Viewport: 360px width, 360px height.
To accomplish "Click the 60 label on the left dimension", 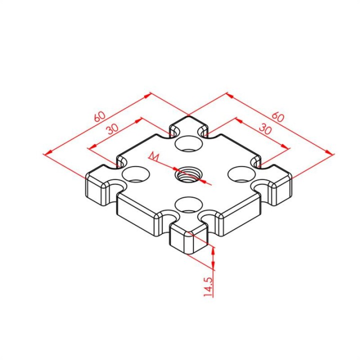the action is coord(100,116).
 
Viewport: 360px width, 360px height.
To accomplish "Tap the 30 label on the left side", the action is coord(113,129).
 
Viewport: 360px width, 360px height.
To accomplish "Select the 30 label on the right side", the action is coord(265,129).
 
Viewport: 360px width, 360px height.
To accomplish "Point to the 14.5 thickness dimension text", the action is coord(208,287).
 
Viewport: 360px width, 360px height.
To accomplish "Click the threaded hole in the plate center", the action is coord(188,176).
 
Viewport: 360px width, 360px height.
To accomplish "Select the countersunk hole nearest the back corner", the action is coord(188,143).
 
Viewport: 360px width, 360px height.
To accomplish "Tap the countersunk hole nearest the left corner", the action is coord(135,174).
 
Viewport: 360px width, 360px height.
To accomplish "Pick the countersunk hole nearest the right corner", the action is coord(241,174).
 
